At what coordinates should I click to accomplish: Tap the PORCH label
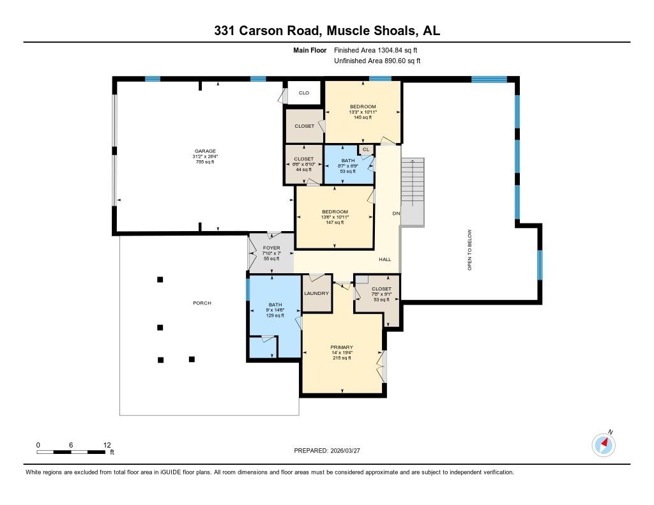pyautogui.click(x=202, y=303)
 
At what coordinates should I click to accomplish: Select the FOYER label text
pyautogui.click(x=271, y=248)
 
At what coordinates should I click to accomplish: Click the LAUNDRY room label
pyautogui.click(x=316, y=293)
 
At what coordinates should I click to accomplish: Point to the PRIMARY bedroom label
pyautogui.click(x=342, y=347)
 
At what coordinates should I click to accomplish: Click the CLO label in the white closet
pyautogui.click(x=304, y=93)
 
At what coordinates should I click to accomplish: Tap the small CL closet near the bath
pyautogui.click(x=366, y=149)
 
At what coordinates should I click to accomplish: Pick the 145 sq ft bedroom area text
pyautogui.click(x=363, y=117)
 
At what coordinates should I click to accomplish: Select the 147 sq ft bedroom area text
pyautogui.click(x=335, y=223)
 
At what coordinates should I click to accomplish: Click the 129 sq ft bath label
pyautogui.click(x=275, y=315)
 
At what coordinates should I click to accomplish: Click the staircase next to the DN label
pyautogui.click(x=412, y=192)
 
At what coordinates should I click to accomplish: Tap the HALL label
pyautogui.click(x=384, y=259)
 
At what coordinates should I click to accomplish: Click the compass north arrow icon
pyautogui.click(x=604, y=444)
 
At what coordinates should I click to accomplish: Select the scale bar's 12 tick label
pyautogui.click(x=107, y=445)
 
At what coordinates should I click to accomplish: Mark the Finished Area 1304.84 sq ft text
pyautogui.click(x=377, y=50)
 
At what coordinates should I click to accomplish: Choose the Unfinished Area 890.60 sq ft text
pyautogui.click(x=377, y=61)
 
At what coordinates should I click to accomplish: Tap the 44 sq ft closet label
pyautogui.click(x=303, y=169)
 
